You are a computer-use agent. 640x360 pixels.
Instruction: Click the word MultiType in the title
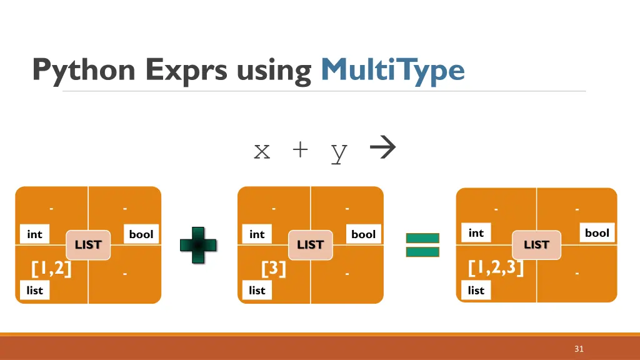[x=392, y=70]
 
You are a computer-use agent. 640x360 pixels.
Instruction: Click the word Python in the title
[x=84, y=70]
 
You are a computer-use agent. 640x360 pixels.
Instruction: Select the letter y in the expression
[x=339, y=151]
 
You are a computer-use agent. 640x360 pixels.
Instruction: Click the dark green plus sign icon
[x=199, y=244]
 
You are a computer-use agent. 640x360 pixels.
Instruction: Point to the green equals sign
[x=422, y=245]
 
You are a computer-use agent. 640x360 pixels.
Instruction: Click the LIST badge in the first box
[x=88, y=244]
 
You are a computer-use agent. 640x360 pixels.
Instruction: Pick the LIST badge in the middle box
[x=310, y=244]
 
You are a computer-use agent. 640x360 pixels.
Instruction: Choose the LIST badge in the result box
[x=536, y=244]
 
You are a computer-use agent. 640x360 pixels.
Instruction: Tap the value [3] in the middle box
[x=273, y=269]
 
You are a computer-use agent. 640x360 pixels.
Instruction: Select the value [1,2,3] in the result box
[x=496, y=268]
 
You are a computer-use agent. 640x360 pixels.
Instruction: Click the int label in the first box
[x=34, y=234]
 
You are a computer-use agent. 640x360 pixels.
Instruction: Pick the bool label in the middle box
[x=363, y=234]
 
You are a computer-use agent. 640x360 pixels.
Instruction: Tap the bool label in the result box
[x=597, y=233]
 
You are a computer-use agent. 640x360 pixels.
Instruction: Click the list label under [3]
[x=257, y=290]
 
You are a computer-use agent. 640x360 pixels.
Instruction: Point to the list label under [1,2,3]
[x=476, y=290]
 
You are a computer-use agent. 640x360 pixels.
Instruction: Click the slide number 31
[x=579, y=349]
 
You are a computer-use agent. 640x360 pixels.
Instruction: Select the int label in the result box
[x=476, y=233]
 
